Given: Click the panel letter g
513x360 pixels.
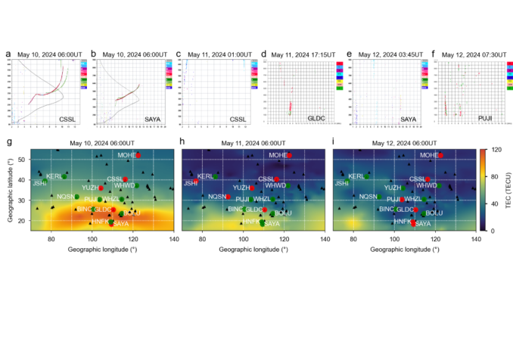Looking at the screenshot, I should click(8, 143).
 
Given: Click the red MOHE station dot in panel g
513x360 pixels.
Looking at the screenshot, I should click(138, 155).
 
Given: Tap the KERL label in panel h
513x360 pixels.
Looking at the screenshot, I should click(205, 176).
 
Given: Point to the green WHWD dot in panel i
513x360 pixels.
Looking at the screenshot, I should click(440, 185).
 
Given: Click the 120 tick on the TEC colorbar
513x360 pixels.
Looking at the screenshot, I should click(497, 150).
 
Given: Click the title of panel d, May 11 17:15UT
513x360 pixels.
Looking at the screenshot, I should click(300, 55).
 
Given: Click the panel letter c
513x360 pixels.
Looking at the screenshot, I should click(179, 54).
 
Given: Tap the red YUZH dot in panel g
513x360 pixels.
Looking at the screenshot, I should click(101, 188).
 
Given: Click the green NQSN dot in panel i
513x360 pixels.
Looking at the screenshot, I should click(380, 197).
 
